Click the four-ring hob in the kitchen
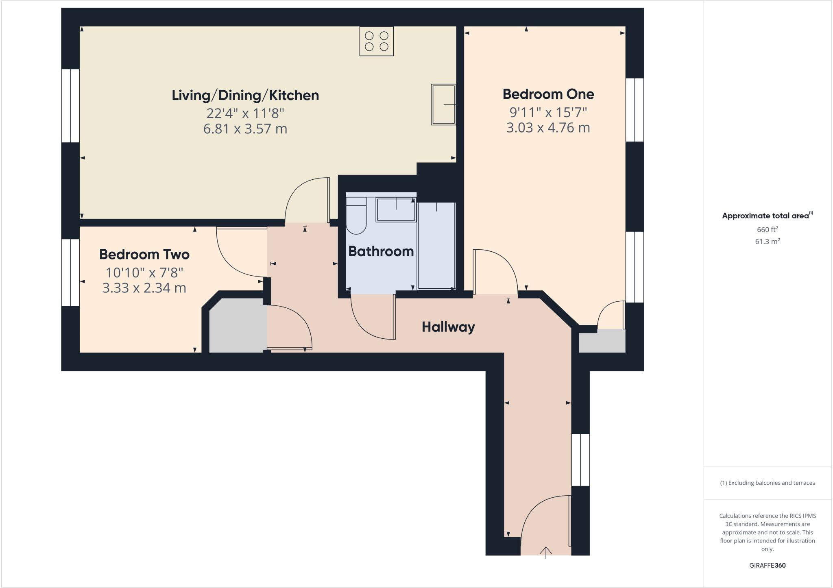(376, 41)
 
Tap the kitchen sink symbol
(443, 105)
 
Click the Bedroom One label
(548, 94)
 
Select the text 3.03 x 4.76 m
(548, 128)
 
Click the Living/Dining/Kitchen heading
(245, 95)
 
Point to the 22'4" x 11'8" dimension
(245, 113)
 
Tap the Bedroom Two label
(144, 255)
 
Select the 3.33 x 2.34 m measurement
(144, 288)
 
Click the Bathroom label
(381, 251)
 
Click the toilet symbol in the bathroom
(356, 218)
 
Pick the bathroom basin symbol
(396, 209)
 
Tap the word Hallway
(448, 327)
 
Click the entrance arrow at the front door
(545, 552)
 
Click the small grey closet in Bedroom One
(602, 341)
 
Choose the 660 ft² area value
(767, 229)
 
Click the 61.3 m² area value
(767, 242)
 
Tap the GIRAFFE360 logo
(767, 565)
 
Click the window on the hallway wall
(580, 460)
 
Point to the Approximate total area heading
(767, 216)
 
